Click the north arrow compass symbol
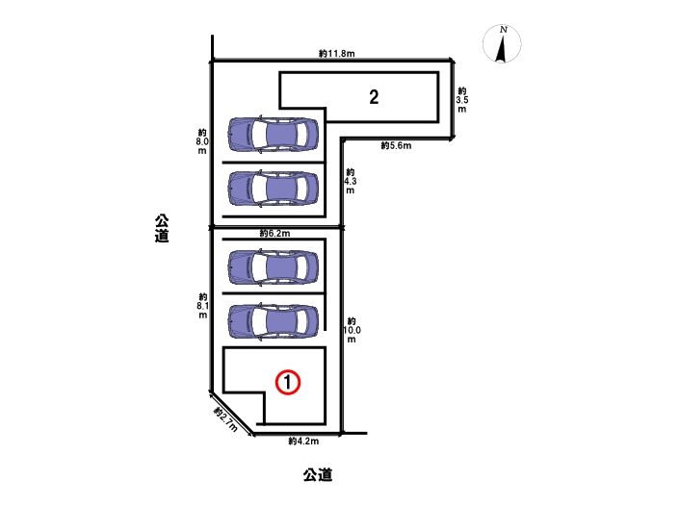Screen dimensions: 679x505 pyautogui.click(x=502, y=43)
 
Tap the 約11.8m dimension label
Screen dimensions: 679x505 pyautogui.click(x=336, y=54)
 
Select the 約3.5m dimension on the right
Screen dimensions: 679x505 pyautogui.click(x=462, y=100)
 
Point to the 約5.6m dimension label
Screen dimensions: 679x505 pyautogui.click(x=396, y=145)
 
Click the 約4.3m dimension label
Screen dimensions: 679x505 pyautogui.click(x=350, y=181)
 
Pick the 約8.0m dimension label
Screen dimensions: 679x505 pyautogui.click(x=202, y=141)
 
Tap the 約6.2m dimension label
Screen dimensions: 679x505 pyautogui.click(x=275, y=234)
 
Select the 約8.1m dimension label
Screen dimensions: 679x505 pyautogui.click(x=202, y=306)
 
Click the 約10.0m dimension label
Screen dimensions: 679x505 pyautogui.click(x=352, y=330)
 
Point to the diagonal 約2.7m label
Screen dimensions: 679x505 pyautogui.click(x=225, y=419)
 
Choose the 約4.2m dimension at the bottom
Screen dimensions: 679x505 pyautogui.click(x=303, y=441)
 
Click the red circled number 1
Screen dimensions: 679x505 pyautogui.click(x=288, y=382)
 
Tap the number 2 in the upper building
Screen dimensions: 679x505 pyautogui.click(x=374, y=97)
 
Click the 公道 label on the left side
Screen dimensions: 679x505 pyautogui.click(x=162, y=228)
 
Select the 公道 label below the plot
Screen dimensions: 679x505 pyautogui.click(x=318, y=475)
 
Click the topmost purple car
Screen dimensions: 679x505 pyautogui.click(x=273, y=134)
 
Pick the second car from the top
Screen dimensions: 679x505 pyautogui.click(x=273, y=189)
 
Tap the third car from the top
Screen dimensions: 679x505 pyautogui.click(x=273, y=267)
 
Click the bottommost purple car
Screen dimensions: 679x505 pyautogui.click(x=273, y=321)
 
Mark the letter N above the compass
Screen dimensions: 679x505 pyautogui.click(x=503, y=30)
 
